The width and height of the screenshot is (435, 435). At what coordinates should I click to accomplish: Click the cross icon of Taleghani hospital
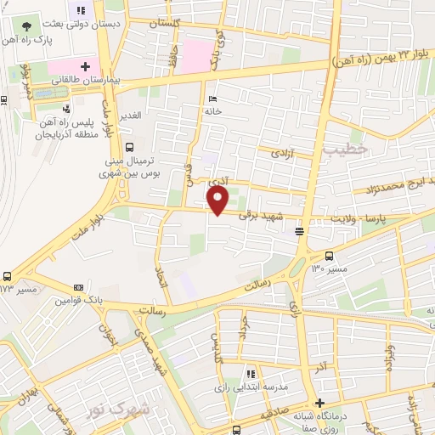click(x=86, y=65)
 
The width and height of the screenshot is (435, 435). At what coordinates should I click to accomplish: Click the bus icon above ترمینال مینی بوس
click(x=129, y=145)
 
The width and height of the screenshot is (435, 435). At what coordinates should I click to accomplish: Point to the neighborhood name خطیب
click(x=344, y=149)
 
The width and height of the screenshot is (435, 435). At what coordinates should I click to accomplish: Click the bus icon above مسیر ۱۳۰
click(x=330, y=256)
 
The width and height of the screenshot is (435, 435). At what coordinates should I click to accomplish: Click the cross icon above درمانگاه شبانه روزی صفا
click(x=319, y=403)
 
